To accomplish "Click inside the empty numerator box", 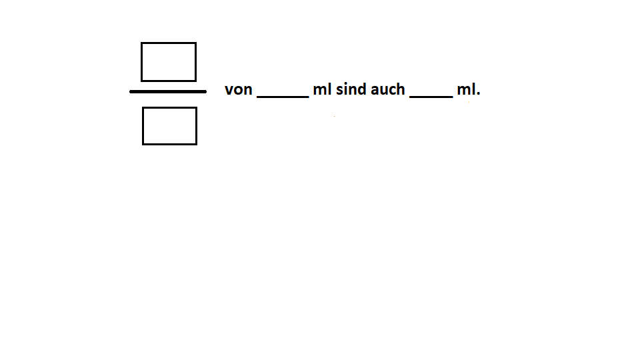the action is pos(169,62).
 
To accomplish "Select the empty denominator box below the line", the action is pos(169,126).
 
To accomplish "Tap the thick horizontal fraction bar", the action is pos(168,92).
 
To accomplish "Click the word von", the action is pos(239,89).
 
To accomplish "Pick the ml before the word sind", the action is pos(322,89).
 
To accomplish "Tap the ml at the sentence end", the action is pos(466,89).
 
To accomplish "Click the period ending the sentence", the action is pos(479,94).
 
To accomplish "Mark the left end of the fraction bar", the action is pos(130,92).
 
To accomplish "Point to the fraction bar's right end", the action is pos(206,92).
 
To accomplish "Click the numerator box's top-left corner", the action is pos(141,43).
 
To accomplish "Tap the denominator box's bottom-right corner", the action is pos(197,145).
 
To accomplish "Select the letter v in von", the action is pos(229,90).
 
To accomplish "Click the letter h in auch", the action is pos(401,89).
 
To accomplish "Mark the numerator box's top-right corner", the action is pos(196,43).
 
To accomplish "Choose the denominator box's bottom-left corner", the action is pos(143,145).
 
